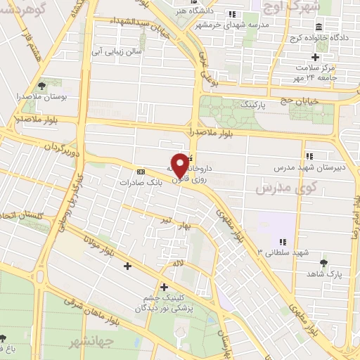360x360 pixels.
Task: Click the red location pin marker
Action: click(180, 166)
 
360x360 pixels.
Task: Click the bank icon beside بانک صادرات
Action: click(141, 171)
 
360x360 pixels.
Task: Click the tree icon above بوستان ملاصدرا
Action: click(44, 85)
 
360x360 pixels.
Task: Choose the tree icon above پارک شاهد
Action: click(323, 263)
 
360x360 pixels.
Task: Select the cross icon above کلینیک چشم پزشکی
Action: click(164, 286)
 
